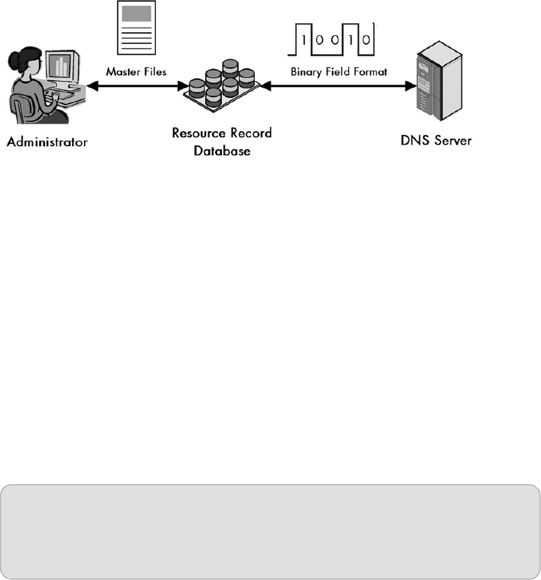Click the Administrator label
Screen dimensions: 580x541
tap(46, 140)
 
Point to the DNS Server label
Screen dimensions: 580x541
tap(438, 140)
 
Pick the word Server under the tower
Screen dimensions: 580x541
tap(453, 140)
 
